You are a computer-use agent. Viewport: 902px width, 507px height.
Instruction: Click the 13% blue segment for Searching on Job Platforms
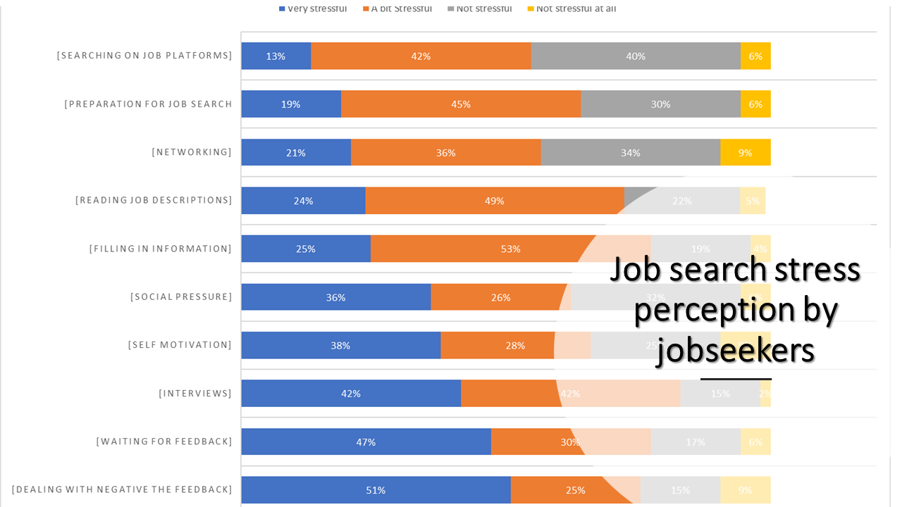pos(276,56)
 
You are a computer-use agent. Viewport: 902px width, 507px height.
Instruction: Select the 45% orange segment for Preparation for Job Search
pos(461,104)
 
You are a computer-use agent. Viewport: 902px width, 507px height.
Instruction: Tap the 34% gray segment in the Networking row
pos(630,153)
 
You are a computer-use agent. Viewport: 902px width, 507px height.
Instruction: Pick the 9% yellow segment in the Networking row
pos(745,153)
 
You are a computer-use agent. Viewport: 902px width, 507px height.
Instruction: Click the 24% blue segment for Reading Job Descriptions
pos(303,201)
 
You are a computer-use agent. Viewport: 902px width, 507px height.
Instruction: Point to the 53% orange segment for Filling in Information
pos(510,249)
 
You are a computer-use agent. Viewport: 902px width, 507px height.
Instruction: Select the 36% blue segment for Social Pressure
pos(335,297)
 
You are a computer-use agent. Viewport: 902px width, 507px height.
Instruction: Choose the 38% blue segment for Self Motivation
pos(340,345)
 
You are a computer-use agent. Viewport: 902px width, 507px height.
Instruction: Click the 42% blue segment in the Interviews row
pos(351,393)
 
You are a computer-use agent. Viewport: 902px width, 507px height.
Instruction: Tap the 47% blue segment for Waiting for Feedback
pos(366,442)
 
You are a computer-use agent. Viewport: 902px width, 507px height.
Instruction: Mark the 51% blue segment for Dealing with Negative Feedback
pos(376,489)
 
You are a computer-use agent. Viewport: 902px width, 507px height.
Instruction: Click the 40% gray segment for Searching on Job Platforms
pos(636,56)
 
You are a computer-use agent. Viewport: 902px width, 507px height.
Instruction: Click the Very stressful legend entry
pos(313,8)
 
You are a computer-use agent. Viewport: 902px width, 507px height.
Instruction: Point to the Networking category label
pos(192,152)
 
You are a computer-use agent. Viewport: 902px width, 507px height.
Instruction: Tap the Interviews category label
pos(195,393)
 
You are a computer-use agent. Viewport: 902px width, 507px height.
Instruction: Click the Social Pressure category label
pos(181,296)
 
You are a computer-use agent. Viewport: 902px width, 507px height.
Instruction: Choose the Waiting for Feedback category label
pos(164,442)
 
